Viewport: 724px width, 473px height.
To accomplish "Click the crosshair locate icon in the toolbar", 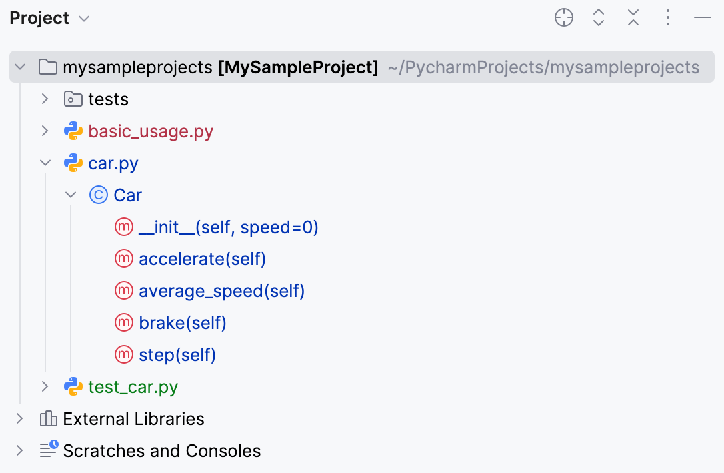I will [564, 18].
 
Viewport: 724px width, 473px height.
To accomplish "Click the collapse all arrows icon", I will [633, 18].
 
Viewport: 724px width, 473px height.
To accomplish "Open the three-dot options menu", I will [668, 18].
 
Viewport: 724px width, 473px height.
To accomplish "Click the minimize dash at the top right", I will [703, 18].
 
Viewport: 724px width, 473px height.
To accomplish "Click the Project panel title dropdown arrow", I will [84, 19].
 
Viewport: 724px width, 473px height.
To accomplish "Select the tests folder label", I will [108, 99].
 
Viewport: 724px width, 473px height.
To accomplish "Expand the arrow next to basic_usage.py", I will [45, 131].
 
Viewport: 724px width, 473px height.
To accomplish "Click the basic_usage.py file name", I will [151, 131].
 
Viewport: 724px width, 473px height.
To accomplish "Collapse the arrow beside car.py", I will [45, 163].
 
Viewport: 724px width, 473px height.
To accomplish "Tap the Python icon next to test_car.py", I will [73, 387].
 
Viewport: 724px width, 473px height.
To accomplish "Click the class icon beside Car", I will [98, 195].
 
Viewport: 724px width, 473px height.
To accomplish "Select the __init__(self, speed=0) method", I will [228, 227].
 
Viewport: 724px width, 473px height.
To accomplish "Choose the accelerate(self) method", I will [202, 259].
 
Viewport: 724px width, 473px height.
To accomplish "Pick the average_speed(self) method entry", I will [221, 291].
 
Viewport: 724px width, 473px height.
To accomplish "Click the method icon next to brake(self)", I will [124, 323].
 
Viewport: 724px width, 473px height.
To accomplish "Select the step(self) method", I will [177, 355].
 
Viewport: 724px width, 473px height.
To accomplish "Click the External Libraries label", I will [133, 419].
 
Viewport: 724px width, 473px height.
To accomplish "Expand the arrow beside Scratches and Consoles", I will [19, 451].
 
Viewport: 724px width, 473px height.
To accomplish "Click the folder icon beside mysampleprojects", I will [47, 67].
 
